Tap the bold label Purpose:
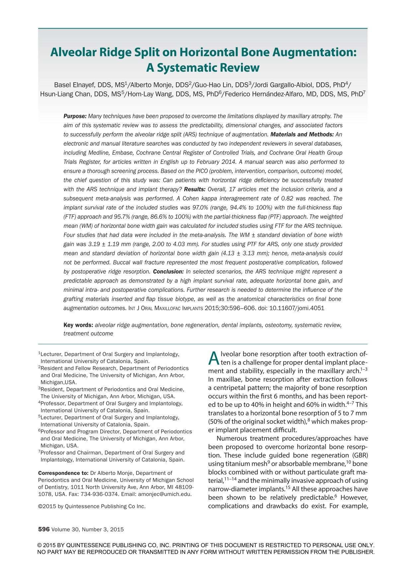point(75,116)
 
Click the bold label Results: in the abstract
point(195,189)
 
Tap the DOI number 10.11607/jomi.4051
point(296,308)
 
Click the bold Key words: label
point(78,325)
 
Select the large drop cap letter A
point(214,358)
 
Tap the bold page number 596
point(44,529)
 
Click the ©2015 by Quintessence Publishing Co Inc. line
point(92,506)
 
